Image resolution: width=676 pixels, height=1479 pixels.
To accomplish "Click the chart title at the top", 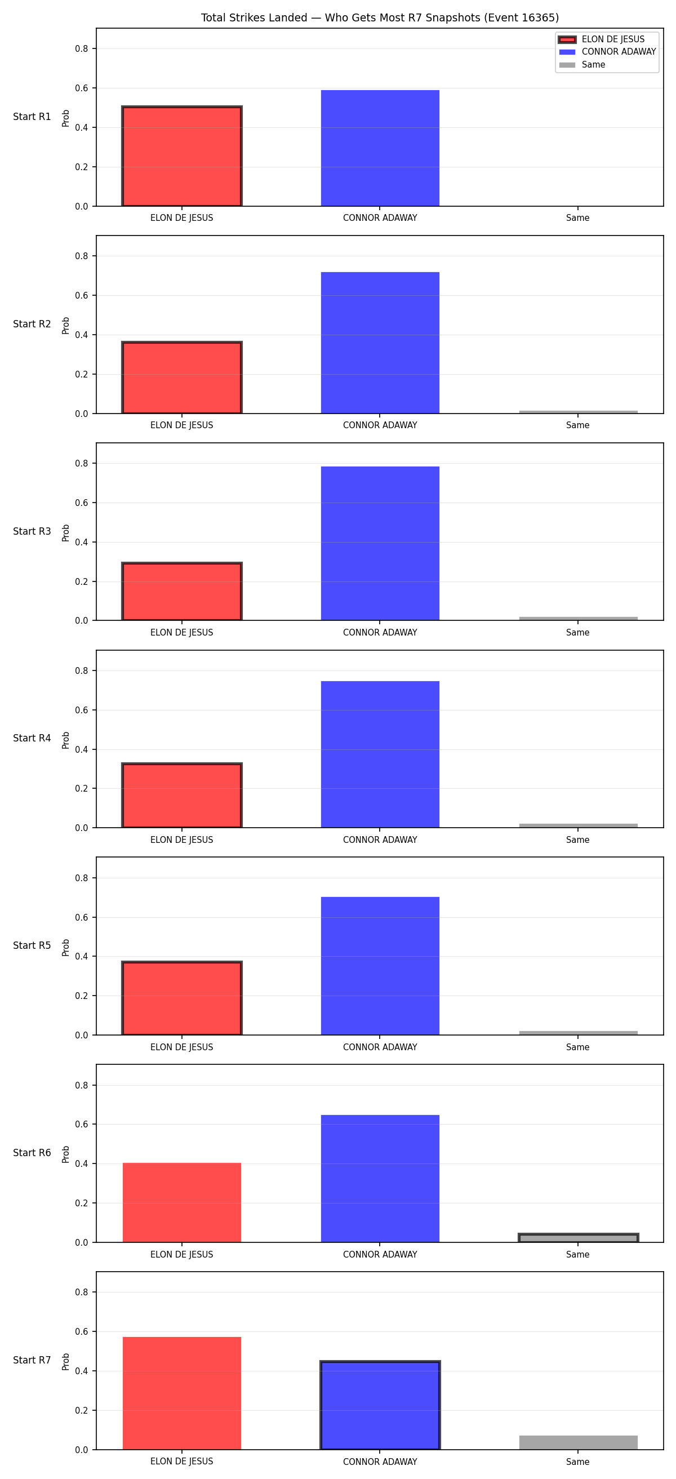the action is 380,18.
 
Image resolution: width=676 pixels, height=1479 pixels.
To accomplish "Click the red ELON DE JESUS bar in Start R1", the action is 182,156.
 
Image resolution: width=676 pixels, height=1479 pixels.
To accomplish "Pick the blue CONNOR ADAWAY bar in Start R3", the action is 380,543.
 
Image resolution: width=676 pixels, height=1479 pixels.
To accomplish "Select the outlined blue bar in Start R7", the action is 380,1405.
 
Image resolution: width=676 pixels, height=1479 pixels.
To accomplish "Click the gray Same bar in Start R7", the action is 579,1442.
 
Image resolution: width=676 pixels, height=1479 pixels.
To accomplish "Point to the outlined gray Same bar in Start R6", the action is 579,1238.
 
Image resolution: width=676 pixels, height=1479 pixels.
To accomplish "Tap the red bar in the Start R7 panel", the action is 182,1393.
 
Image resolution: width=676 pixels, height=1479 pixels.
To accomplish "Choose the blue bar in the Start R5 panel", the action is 380,966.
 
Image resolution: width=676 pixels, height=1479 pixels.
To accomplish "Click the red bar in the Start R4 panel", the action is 182,795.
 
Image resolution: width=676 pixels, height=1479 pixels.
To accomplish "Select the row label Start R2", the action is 32,324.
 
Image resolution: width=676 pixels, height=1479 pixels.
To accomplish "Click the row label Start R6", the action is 32,1153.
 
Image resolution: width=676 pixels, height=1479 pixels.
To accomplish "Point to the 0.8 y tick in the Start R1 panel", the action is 82,49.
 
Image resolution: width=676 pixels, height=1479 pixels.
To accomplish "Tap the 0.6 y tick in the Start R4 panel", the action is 82,710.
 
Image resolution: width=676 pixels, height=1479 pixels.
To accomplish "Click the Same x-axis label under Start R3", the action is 578,633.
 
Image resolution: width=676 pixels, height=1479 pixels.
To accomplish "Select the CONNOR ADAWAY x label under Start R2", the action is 380,425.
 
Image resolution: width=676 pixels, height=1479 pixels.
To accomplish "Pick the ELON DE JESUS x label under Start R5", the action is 182,1047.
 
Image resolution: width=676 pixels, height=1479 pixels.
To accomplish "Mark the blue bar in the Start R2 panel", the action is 380,343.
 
